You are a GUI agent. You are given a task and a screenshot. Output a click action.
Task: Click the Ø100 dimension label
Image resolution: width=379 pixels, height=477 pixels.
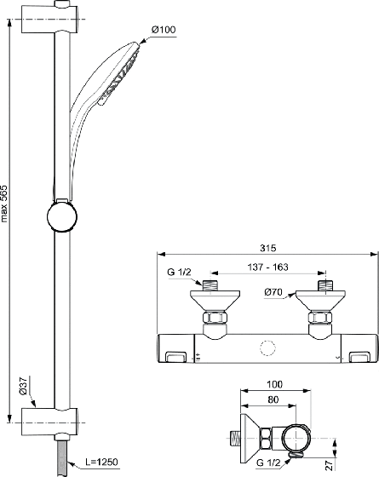point(164,30)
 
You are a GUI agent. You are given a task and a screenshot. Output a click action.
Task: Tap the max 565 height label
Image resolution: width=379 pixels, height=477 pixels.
point(4,204)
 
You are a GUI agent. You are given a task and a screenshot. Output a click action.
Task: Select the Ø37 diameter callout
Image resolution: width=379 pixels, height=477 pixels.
point(23,386)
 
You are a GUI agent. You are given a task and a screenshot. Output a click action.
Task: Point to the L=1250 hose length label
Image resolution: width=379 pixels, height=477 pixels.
point(101,462)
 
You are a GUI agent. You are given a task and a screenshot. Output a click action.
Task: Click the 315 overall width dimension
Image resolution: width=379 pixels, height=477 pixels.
point(268,248)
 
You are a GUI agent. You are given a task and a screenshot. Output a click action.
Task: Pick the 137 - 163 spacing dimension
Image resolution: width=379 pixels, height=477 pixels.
point(267,267)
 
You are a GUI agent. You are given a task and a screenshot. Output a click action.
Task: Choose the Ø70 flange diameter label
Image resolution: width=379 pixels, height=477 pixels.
point(273,292)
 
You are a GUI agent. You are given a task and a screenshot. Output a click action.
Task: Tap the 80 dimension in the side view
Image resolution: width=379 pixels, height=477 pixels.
point(273,399)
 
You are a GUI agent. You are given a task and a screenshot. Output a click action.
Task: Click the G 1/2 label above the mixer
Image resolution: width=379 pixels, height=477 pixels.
point(179,272)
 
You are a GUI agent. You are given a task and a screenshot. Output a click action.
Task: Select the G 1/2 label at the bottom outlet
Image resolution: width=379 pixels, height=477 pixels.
point(268,463)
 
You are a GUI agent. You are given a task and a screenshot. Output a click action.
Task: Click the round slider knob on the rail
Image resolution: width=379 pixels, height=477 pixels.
point(62,216)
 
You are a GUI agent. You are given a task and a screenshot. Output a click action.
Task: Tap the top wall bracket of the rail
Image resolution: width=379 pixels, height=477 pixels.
point(50,19)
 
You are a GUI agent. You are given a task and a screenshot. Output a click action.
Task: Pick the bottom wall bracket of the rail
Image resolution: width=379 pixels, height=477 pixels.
point(50,422)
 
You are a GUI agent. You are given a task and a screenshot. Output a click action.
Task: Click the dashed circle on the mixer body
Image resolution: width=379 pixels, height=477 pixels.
point(268,348)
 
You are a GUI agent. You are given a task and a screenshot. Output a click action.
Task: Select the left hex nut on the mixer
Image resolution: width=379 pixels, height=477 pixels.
point(215,318)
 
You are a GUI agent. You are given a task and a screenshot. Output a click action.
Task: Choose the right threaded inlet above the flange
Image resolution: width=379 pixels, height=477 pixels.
point(325,285)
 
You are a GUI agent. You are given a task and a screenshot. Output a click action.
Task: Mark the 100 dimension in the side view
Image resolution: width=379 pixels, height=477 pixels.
point(274,384)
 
